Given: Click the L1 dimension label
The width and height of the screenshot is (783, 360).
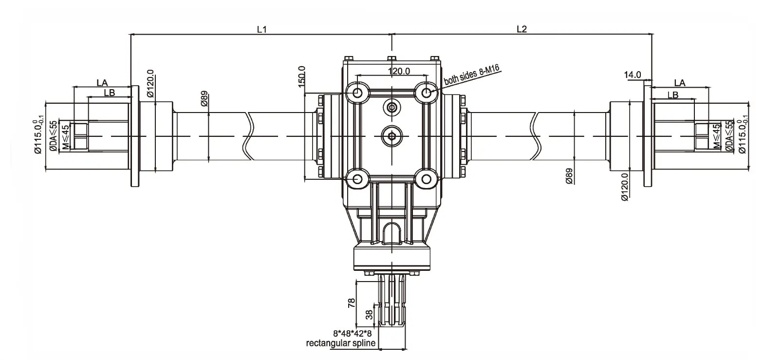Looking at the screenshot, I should (262, 29).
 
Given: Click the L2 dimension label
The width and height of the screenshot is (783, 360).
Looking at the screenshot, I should (522, 29).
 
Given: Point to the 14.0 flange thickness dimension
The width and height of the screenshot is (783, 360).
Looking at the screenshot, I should (633, 75).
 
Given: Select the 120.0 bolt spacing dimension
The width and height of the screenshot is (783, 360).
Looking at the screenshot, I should (399, 71).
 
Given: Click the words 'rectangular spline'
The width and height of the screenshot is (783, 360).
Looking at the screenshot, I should (340, 343).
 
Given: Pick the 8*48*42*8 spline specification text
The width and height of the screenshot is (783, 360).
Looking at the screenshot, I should (352, 334).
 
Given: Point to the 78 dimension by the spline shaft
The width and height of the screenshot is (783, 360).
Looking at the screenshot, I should (352, 303).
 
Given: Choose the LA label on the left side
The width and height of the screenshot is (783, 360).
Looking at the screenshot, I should (102, 82).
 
